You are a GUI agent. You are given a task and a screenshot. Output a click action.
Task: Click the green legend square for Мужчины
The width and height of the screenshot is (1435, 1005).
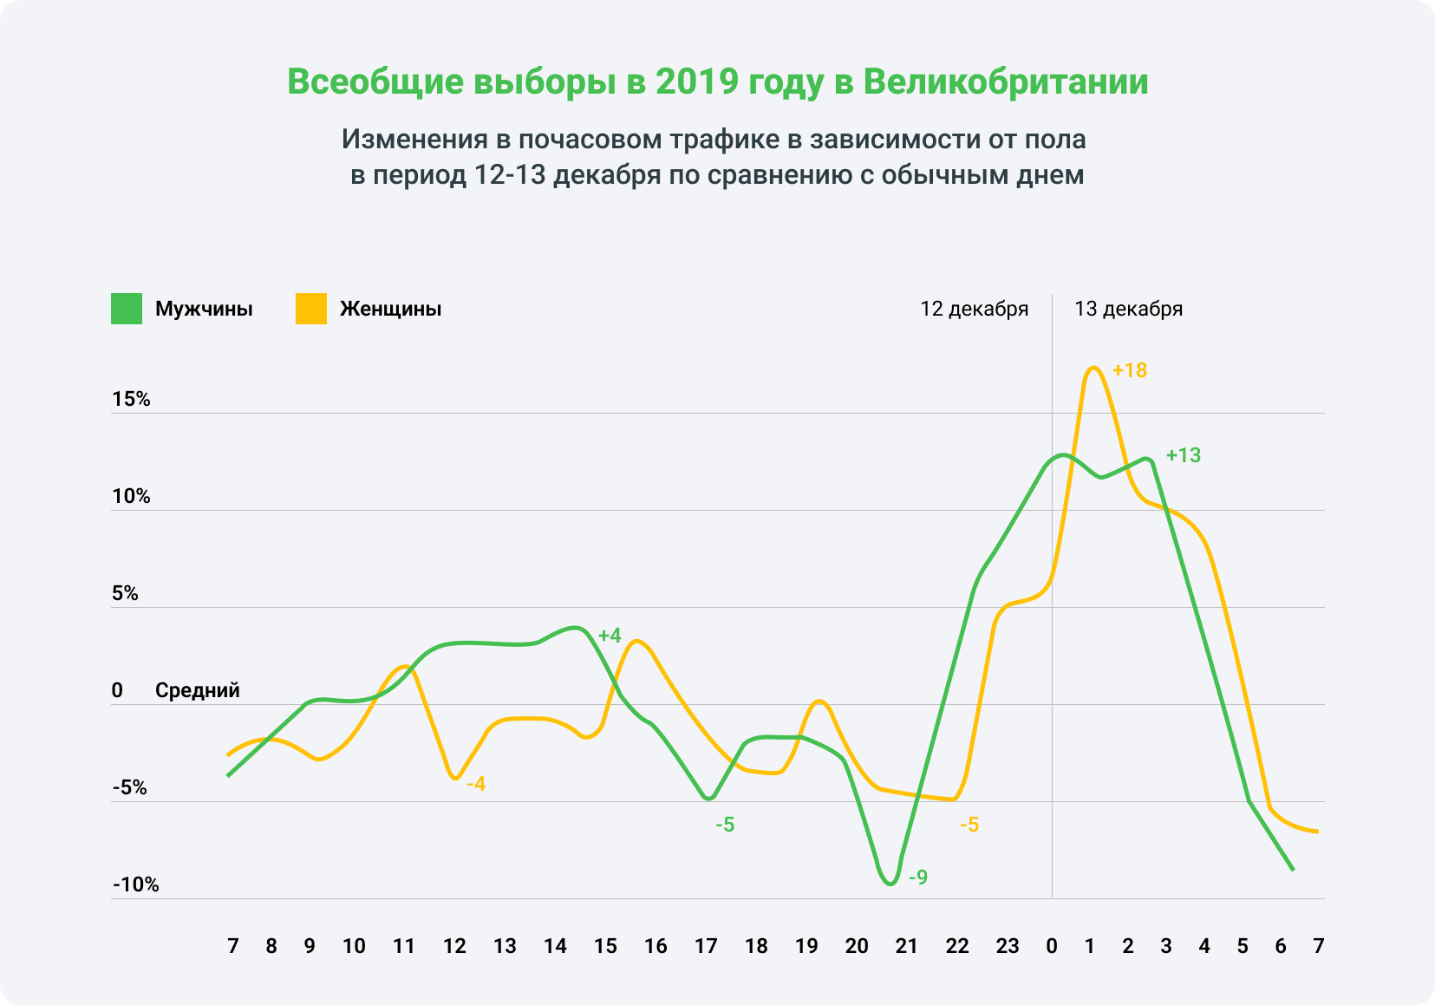127,310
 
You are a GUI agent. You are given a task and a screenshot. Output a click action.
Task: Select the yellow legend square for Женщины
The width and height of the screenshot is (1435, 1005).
311,310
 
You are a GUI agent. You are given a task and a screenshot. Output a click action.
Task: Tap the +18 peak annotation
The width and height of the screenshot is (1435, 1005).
1129,371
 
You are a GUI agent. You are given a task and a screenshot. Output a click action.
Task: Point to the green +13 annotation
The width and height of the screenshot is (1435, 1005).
1183,456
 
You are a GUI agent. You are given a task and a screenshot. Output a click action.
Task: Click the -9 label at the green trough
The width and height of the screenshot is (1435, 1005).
917,878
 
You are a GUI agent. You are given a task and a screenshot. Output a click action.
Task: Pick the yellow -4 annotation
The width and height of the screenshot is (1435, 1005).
476,785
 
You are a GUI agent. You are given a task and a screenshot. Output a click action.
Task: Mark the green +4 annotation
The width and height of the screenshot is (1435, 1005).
610,636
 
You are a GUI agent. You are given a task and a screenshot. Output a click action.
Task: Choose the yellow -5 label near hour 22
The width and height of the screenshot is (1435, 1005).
969,826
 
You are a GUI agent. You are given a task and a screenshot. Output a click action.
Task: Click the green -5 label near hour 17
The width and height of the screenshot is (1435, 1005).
724,826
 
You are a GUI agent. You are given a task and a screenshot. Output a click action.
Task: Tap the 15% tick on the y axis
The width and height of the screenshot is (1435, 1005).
131,400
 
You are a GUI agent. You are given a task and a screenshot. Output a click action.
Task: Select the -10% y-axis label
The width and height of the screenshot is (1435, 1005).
135,885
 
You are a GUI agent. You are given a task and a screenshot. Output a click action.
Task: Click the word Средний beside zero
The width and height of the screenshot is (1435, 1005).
197,691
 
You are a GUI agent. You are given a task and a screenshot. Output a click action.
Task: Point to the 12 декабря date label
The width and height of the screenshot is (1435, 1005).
974,310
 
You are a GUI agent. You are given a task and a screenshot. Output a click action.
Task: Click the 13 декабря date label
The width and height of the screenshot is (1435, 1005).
1128,310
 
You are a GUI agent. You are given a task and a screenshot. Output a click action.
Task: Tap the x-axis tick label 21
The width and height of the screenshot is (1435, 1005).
906,947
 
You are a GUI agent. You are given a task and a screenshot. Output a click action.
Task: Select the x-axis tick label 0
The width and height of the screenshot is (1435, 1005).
1052,947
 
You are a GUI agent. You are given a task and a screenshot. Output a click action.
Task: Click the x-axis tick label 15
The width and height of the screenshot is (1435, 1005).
605,947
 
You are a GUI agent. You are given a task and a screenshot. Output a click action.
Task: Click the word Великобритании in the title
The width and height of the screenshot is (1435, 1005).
1006,82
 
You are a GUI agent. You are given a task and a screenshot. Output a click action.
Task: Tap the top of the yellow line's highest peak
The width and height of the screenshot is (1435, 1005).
1093,368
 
